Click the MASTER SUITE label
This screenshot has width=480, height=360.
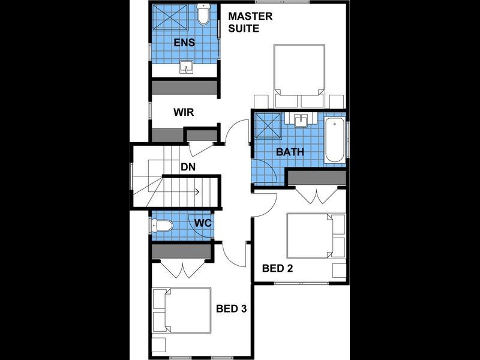[x=251, y=22]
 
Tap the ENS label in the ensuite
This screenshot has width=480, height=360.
[x=184, y=43]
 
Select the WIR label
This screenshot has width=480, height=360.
[x=184, y=113]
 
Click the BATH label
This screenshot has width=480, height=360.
[x=290, y=152]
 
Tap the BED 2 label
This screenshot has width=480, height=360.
[x=277, y=268]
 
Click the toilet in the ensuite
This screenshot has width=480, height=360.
[x=203, y=16]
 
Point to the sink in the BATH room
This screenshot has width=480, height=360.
[x=301, y=121]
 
